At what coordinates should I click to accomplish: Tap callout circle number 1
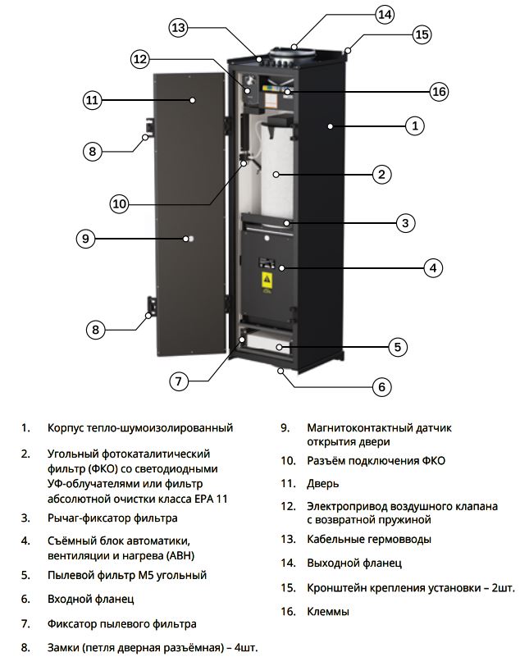click(x=415, y=125)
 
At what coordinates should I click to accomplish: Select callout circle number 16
click(x=439, y=92)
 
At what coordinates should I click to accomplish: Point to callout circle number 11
click(x=92, y=101)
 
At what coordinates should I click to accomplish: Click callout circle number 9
click(x=86, y=239)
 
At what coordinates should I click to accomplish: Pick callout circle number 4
click(x=434, y=267)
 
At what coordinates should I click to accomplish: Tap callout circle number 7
click(x=180, y=381)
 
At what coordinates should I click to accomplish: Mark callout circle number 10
click(x=120, y=203)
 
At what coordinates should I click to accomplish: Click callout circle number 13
click(x=179, y=27)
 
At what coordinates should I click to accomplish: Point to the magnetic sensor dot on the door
click(x=188, y=239)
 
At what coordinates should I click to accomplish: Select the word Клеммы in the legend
click(x=328, y=611)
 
